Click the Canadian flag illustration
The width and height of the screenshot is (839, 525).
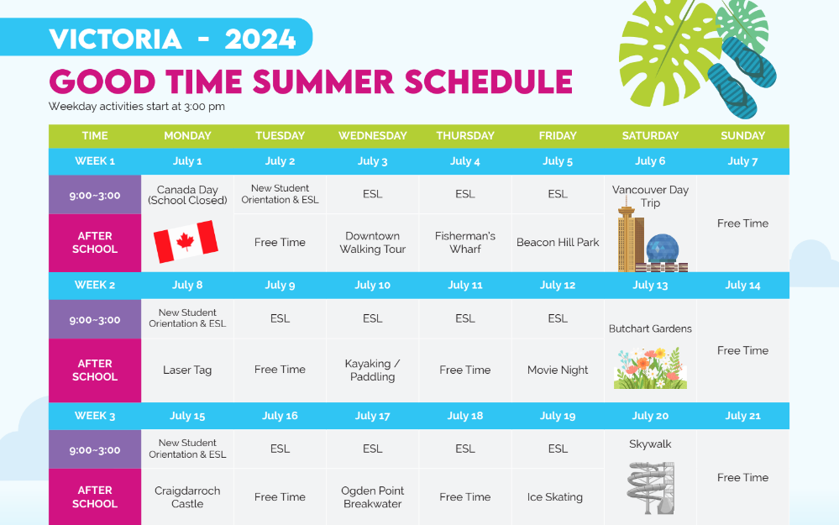[186, 241]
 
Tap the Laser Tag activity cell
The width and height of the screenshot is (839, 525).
[187, 370]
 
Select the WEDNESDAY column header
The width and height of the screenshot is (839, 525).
[372, 136]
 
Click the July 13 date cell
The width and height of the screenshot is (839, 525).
[650, 286]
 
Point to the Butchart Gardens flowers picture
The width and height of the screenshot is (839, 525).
[650, 368]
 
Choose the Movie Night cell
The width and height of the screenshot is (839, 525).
[558, 370]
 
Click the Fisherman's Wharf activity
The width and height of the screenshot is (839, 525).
[465, 243]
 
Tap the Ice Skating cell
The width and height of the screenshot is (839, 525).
[555, 496]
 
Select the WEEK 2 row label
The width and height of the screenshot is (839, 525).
[95, 286]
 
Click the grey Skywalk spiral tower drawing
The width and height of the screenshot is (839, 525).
[651, 487]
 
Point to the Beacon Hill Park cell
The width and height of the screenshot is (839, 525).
[558, 243]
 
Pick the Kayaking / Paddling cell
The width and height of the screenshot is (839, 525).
[372, 370]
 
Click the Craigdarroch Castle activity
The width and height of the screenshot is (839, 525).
[187, 496]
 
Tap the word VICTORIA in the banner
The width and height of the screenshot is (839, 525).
[116, 39]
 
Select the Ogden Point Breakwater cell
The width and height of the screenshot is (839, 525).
[372, 496]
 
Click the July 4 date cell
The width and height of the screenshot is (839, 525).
[465, 161]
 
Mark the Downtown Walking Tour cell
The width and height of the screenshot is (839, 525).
[372, 243]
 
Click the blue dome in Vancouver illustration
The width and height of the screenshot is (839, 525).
[663, 249]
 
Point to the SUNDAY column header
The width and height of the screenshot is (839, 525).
[742, 136]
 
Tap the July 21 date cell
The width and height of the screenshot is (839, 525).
[742, 416]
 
